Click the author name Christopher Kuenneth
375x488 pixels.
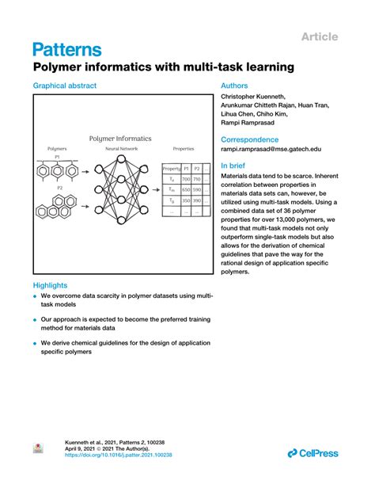(254, 97)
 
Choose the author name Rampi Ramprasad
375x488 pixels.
(248, 123)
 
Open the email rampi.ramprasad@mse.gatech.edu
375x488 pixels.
(271, 148)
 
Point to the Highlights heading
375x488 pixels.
(50, 285)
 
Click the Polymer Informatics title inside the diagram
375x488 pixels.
(120, 139)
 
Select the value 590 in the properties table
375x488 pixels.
(197, 190)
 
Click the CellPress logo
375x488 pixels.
(312, 453)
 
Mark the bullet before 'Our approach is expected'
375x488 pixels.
(36, 321)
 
